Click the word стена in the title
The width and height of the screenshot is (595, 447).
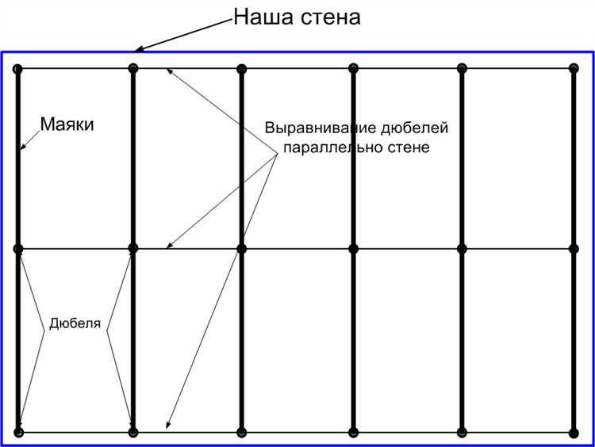[x=332, y=17]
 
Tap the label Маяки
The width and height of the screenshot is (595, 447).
[x=67, y=124]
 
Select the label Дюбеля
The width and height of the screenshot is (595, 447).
[x=75, y=323]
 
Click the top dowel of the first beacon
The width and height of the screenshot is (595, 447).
[x=18, y=69]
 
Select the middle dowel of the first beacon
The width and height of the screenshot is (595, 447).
[x=18, y=249]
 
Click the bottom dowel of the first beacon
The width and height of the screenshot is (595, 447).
[x=18, y=432]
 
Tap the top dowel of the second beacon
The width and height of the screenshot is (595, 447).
[x=132, y=69]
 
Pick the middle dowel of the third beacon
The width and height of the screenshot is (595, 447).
[x=242, y=249]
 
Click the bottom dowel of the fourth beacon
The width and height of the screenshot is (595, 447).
[x=353, y=432]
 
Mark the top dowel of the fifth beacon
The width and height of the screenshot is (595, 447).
[x=463, y=69]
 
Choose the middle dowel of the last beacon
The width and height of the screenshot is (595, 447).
[x=574, y=249]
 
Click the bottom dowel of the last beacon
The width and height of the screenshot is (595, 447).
[x=574, y=432]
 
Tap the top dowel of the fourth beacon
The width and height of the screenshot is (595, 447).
[x=353, y=69]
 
